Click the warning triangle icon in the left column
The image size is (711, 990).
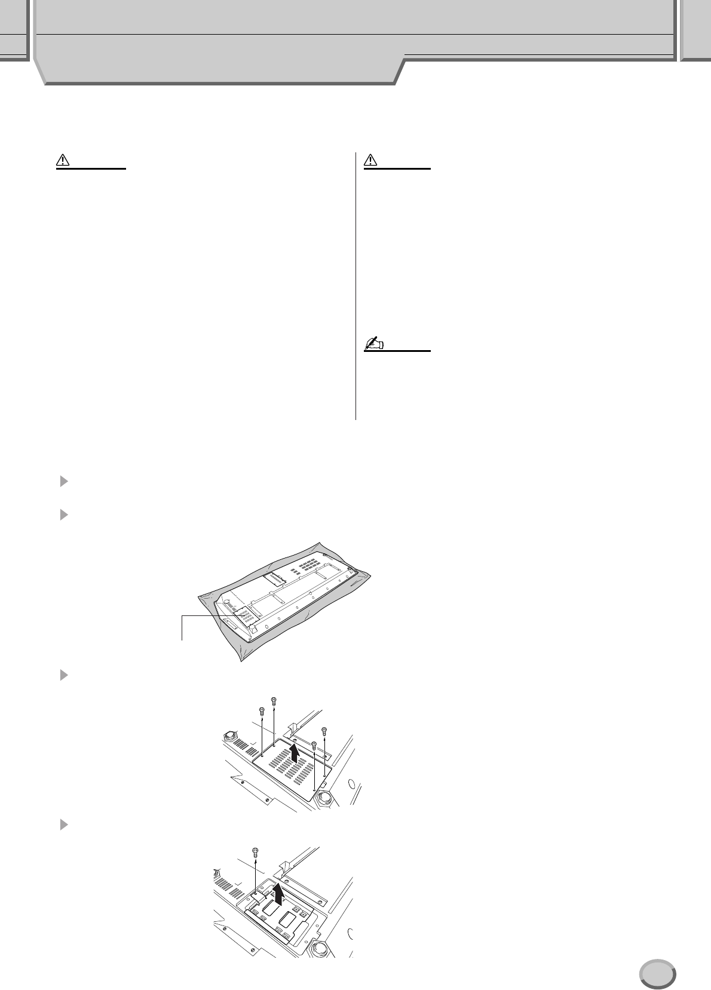tap(63, 160)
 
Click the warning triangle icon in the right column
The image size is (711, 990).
tap(370, 160)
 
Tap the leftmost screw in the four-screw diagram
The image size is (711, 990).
tap(261, 711)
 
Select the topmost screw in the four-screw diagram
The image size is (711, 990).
tap(274, 700)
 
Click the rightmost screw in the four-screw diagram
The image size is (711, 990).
tap(324, 730)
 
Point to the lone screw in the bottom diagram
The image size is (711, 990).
tap(256, 851)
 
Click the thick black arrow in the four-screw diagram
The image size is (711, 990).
tap(293, 754)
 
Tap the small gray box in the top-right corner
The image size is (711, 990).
tap(695, 30)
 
